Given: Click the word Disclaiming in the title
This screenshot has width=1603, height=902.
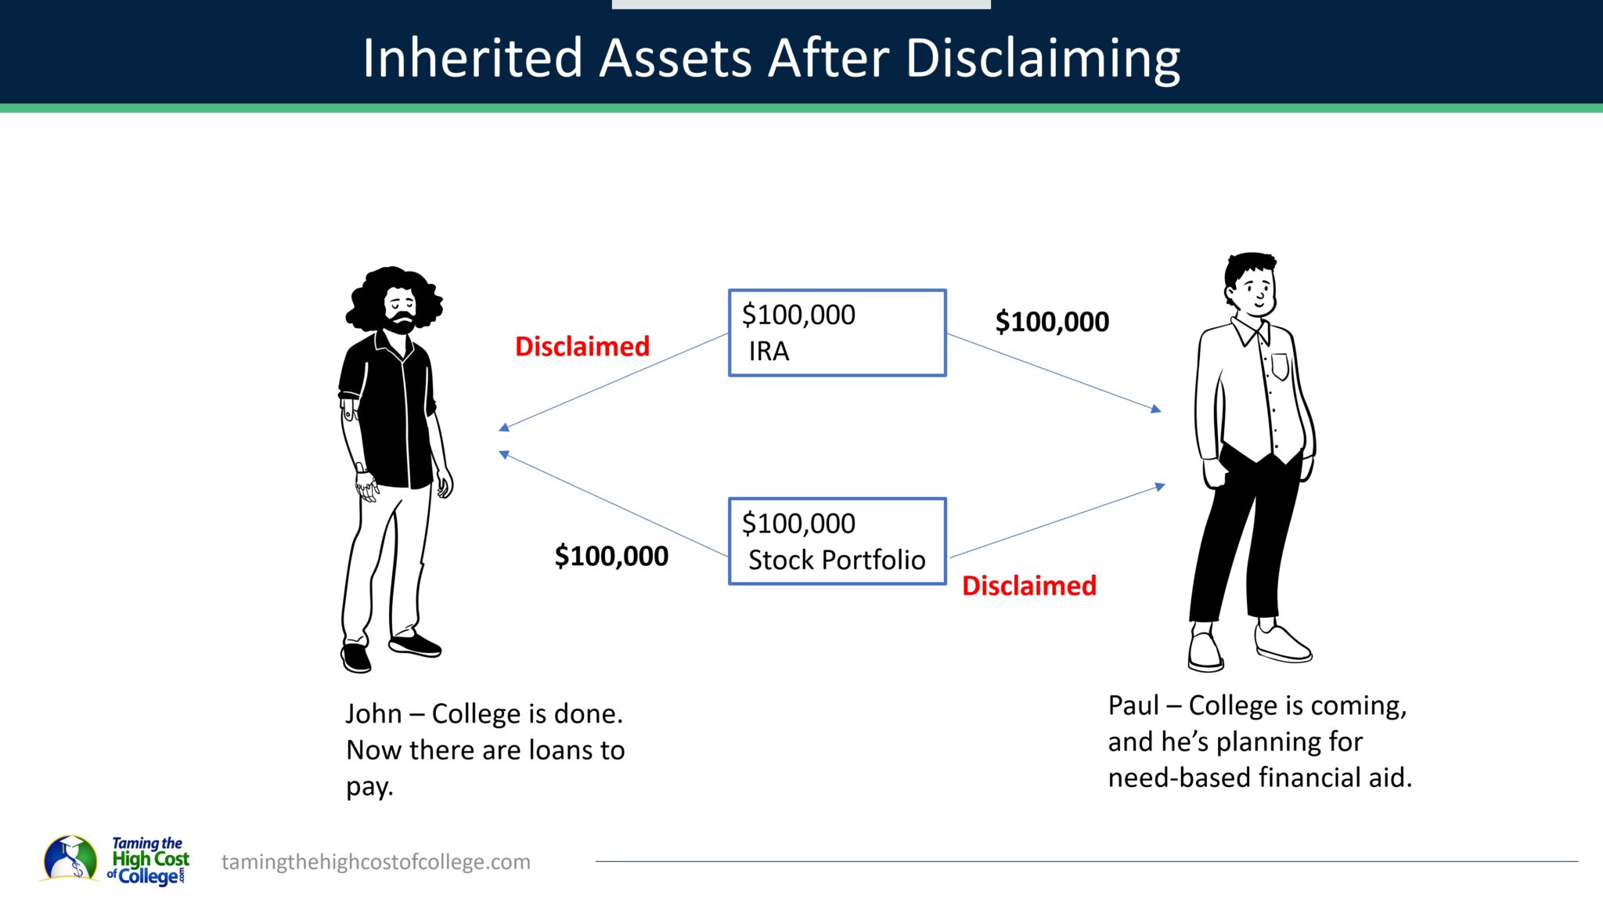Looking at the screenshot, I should click(x=1043, y=60).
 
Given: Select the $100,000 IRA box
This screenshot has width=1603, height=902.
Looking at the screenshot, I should click(x=837, y=333).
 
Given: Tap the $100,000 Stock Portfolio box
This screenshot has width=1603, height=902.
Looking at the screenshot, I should click(x=837, y=541).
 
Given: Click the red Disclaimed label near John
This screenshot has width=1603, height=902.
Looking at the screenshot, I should click(x=582, y=346).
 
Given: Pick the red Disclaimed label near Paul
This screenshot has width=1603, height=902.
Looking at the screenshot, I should click(x=1028, y=586).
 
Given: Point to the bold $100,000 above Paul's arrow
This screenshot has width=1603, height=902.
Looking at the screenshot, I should click(x=1051, y=322).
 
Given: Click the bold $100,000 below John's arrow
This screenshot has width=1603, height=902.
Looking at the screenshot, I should click(x=611, y=556).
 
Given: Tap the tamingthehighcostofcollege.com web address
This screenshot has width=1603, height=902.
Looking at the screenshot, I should click(x=376, y=862).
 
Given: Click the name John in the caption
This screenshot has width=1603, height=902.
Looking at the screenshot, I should click(x=373, y=714).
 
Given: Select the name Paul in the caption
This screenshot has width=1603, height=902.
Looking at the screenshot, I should click(x=1133, y=705).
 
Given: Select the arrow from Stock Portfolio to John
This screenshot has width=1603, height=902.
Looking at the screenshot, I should click(x=614, y=505).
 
